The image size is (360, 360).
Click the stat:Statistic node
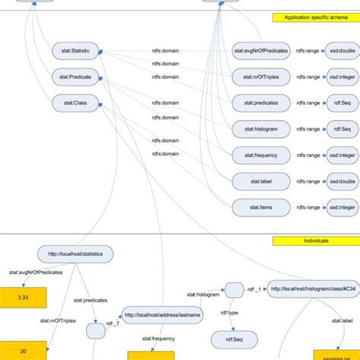click(x=75, y=51)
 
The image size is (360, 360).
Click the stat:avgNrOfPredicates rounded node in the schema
click(x=261, y=51)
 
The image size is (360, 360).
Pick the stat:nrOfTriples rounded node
click(x=261, y=76)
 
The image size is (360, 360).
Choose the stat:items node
click(x=261, y=206)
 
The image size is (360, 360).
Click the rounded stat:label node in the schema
click(x=261, y=179)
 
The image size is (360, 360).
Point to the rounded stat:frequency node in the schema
click(x=261, y=153)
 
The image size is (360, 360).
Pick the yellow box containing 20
click(x=22, y=351)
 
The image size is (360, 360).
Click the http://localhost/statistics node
click(x=75, y=253)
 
